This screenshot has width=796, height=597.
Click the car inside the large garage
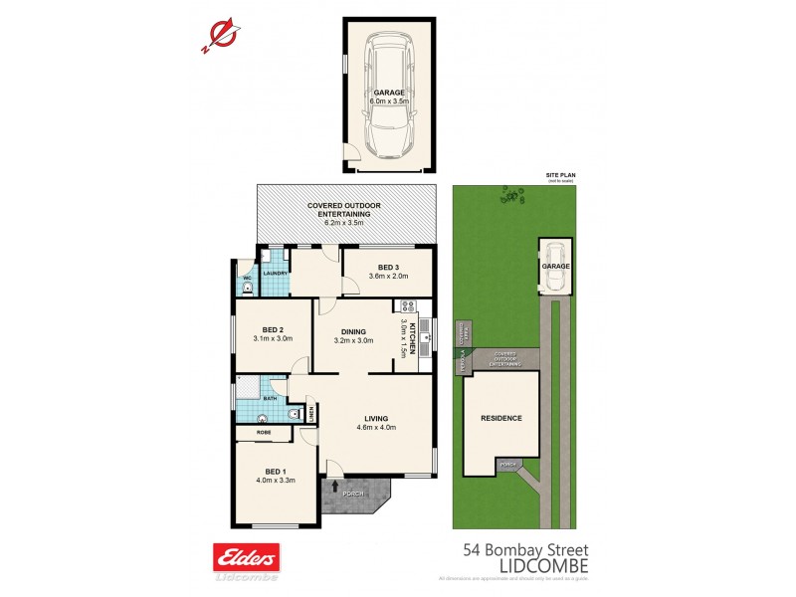[389, 97]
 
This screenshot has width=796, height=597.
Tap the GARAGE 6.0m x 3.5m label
[389, 97]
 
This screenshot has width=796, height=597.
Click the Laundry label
[276, 273]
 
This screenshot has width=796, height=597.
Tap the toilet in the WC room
[247, 288]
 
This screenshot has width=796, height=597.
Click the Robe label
[264, 434]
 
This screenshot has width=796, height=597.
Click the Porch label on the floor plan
[354, 494]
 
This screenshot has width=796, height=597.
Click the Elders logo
[246, 557]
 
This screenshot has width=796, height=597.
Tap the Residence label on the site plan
[501, 418]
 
